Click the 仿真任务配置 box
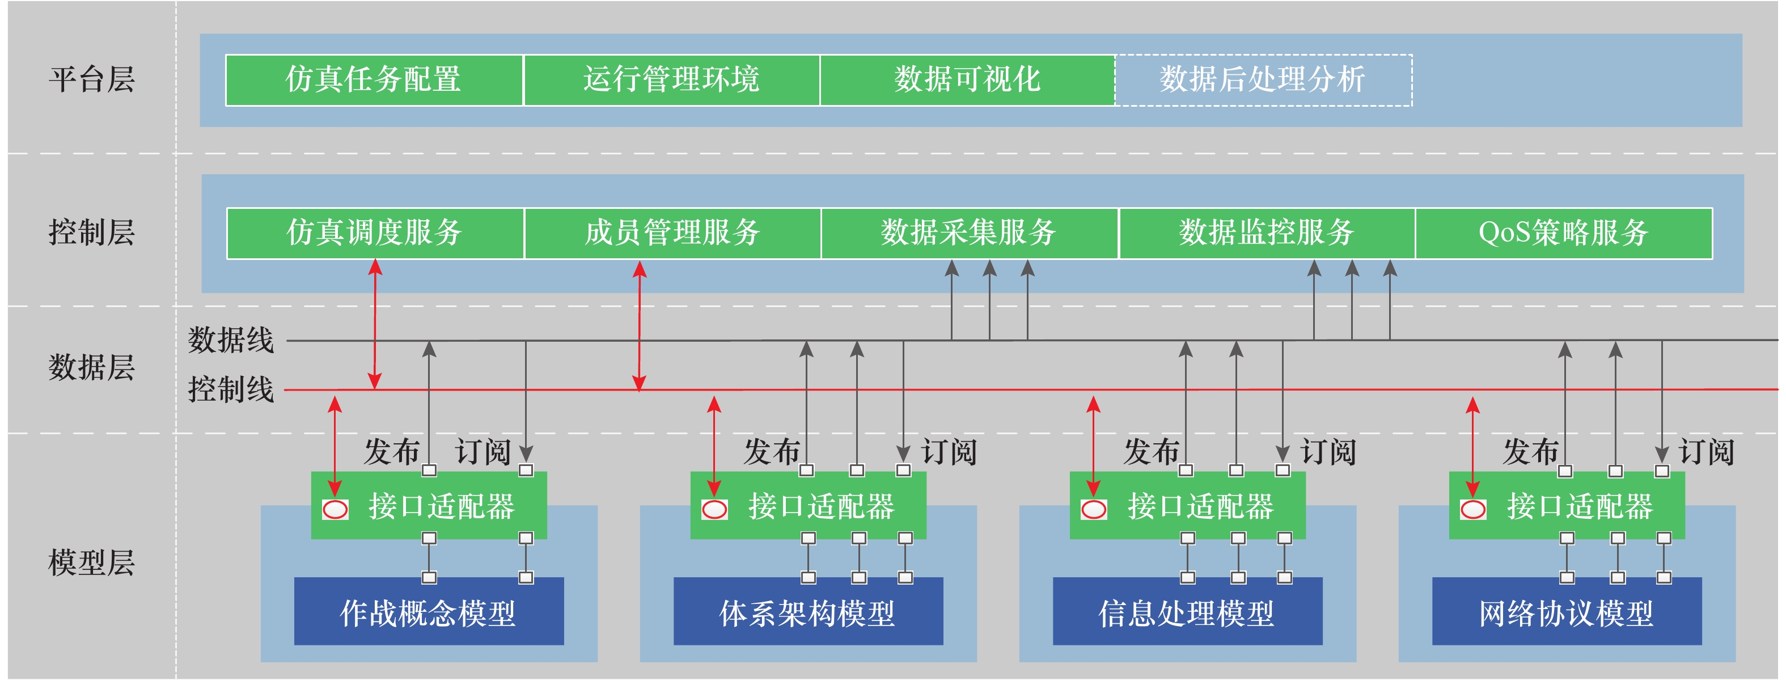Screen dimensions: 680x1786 [374, 80]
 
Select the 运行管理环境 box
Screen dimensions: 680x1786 [671, 80]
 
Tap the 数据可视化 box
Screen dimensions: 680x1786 [967, 80]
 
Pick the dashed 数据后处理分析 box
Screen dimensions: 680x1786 [1263, 80]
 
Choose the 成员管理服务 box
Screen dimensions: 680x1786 [672, 233]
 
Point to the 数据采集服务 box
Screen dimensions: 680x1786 [970, 233]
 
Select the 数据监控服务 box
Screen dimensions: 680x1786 [1267, 233]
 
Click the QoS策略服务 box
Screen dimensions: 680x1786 [1563, 233]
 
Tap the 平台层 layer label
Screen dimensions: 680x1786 [91, 80]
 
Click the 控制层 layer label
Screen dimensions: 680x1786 [91, 233]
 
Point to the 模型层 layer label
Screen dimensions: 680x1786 [91, 563]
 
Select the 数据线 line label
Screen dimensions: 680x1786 [231, 341]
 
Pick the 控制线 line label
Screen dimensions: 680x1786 [231, 390]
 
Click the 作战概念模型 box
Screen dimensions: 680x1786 [429, 612]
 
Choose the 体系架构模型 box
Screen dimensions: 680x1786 [808, 612]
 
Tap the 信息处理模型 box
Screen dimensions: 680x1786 [1187, 612]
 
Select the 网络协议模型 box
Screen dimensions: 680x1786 [1566, 612]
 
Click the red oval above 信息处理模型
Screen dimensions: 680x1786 [1093, 510]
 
